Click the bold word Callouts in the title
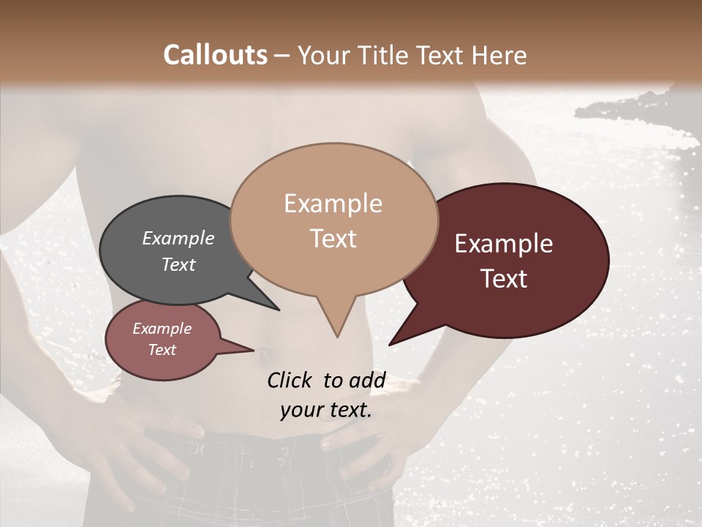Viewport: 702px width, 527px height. tap(215, 55)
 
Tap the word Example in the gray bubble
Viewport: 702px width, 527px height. tap(178, 238)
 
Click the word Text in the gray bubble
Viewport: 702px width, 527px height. tap(178, 264)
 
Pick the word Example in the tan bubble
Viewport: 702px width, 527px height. tap(333, 203)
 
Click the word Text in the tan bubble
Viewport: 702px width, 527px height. tap(333, 239)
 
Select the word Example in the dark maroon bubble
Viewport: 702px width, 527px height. tap(504, 244)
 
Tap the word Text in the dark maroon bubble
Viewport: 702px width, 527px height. tap(504, 279)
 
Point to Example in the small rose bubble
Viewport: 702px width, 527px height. tap(162, 329)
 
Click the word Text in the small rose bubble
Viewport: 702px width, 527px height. tap(162, 350)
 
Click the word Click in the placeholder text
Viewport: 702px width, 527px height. tap(291, 380)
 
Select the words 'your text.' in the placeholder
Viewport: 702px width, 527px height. tap(326, 411)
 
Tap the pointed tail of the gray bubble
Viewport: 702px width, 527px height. tap(279, 310)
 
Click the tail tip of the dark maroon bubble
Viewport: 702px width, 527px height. tap(390, 344)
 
